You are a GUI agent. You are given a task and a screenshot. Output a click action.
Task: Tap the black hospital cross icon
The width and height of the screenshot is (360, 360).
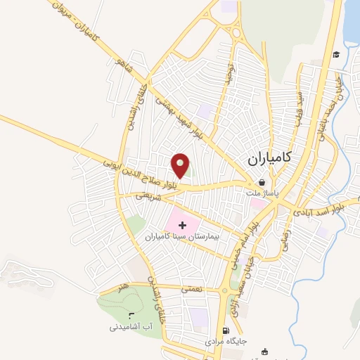tap(183, 225)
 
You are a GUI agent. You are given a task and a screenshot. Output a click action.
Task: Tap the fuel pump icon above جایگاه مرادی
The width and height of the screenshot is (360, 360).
tap(225, 331)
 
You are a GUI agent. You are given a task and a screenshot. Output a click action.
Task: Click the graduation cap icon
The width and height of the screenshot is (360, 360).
tap(337, 55)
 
